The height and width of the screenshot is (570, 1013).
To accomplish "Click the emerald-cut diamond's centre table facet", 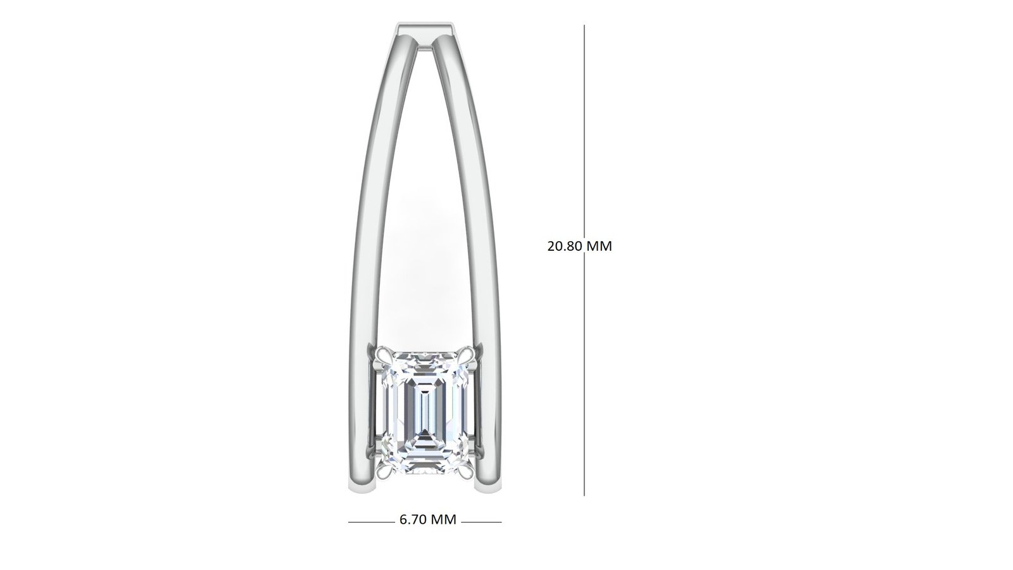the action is click(424, 409).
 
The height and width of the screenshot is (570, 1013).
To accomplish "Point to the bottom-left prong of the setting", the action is click(384, 466).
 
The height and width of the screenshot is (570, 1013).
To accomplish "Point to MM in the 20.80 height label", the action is click(600, 246).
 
